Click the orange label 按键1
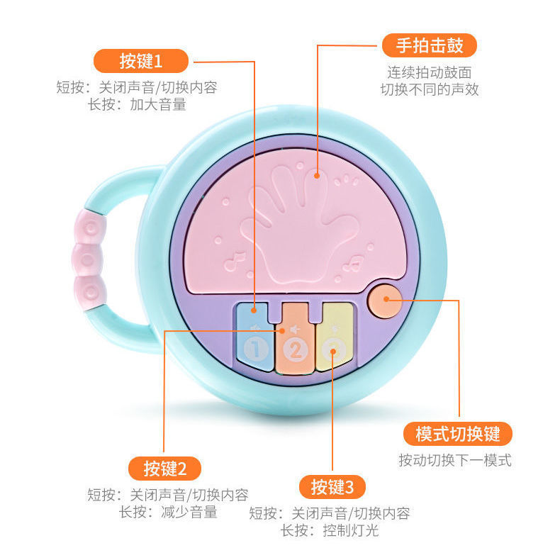point(141,61)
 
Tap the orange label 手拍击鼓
point(429,46)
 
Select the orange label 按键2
point(164,469)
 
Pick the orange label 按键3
point(337,487)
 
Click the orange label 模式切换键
point(457,434)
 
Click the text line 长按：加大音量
point(136,106)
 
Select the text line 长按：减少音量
point(168,512)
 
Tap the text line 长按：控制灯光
point(330,530)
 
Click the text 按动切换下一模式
point(454,460)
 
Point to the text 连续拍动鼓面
point(429,72)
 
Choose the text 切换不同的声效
point(429,90)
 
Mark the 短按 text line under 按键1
point(136,88)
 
